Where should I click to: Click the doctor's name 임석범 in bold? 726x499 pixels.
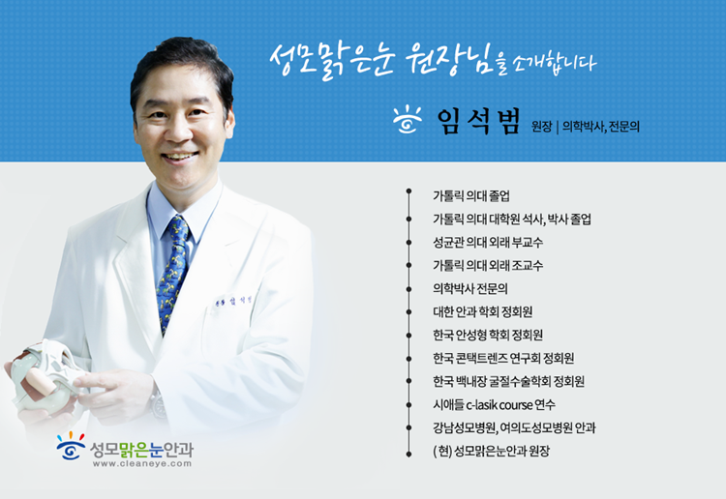(479, 122)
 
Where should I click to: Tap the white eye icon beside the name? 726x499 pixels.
(408, 120)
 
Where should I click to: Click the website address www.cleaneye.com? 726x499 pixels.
(142, 463)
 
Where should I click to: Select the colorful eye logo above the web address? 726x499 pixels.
(71, 446)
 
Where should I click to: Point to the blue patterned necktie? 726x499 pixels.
(173, 273)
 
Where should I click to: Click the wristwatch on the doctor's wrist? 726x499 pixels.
(158, 404)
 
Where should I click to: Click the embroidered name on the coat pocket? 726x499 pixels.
(233, 301)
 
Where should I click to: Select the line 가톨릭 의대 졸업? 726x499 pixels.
(471, 196)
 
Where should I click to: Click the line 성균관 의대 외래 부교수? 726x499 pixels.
(488, 243)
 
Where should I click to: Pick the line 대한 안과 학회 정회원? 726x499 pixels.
(482, 311)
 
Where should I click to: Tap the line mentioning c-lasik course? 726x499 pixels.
(494, 404)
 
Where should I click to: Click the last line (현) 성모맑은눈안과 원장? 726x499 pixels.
(491, 451)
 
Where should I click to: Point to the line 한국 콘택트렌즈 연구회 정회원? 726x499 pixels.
(503, 359)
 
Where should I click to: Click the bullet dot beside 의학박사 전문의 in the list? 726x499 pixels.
(408, 289)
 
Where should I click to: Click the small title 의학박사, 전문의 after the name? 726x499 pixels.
(600, 127)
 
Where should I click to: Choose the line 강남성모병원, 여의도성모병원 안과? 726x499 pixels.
(514, 427)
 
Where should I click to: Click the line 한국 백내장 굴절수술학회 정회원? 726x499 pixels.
(508, 382)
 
